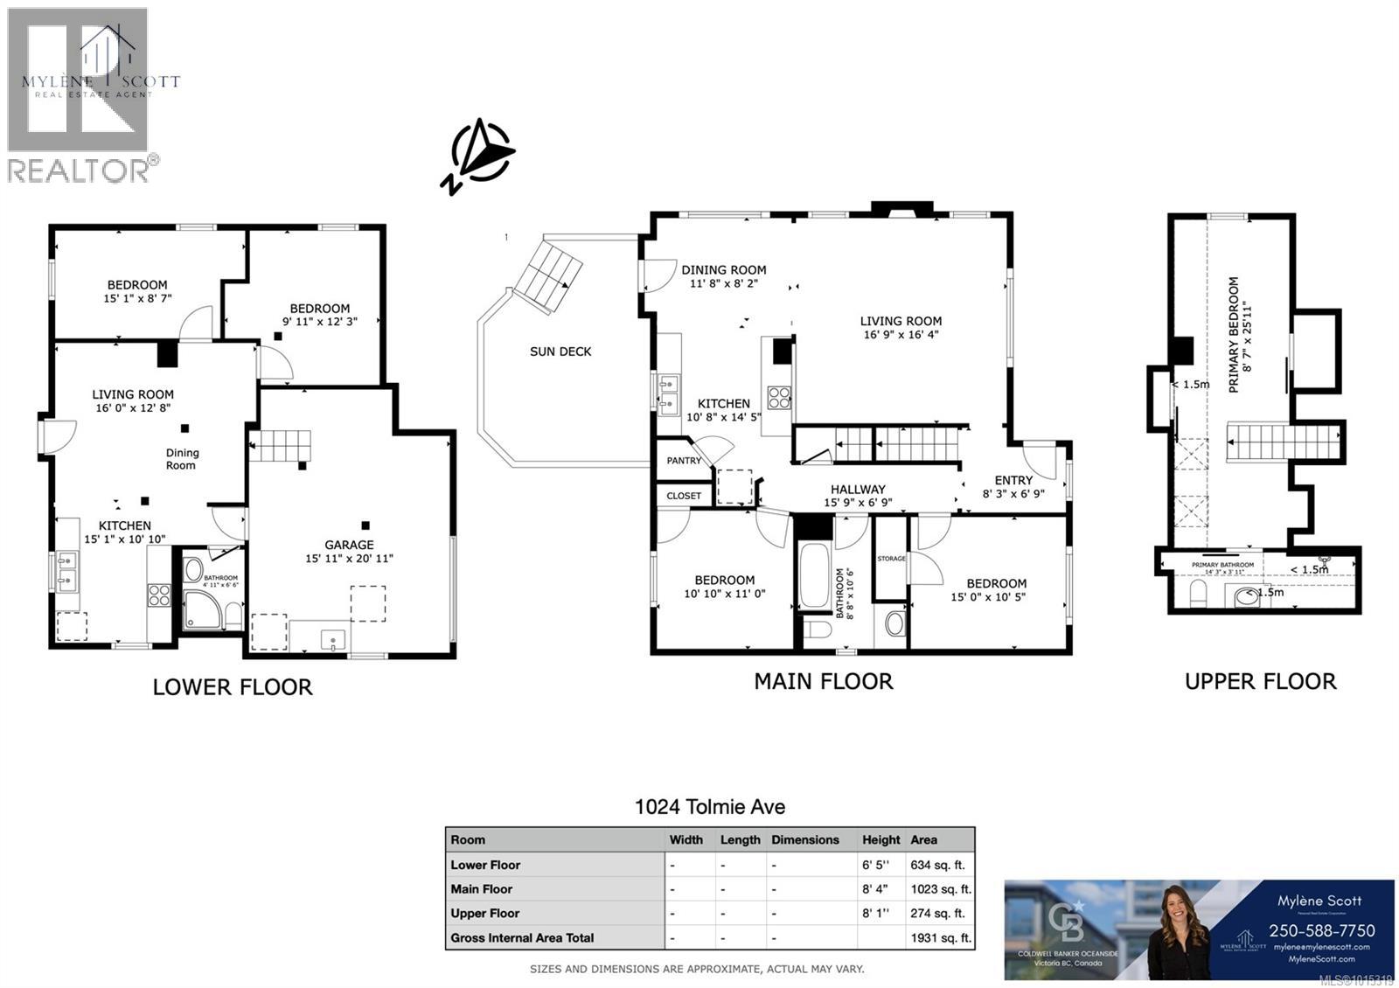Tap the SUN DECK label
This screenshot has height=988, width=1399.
click(x=560, y=351)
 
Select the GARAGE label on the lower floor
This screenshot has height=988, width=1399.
click(x=349, y=545)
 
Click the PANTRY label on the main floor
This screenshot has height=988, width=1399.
click(x=684, y=461)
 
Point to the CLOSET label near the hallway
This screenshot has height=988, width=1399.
click(x=684, y=496)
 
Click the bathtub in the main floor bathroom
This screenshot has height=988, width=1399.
click(x=814, y=575)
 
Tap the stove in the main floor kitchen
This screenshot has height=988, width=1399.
click(x=779, y=398)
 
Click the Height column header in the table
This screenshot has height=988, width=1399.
click(x=880, y=839)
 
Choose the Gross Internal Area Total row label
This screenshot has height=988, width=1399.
click(x=522, y=938)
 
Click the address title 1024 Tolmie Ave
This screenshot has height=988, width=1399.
click(x=709, y=807)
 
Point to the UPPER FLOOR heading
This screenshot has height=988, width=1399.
click(x=1260, y=682)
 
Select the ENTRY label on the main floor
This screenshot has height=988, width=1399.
click(x=1013, y=480)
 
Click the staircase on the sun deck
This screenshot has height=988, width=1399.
click(x=547, y=276)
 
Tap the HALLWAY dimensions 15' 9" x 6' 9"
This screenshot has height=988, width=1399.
click(x=858, y=503)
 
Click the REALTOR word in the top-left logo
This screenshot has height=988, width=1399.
click(x=79, y=170)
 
